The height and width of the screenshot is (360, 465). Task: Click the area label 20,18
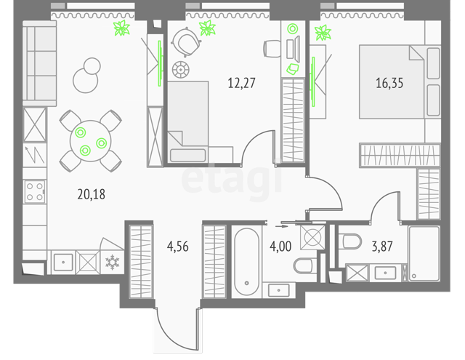point(92,194)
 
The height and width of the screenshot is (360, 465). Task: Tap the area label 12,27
point(241,83)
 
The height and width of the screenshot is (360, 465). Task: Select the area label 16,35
point(389,83)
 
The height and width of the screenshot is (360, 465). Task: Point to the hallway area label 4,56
point(177,247)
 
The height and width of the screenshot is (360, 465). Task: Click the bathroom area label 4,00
point(280,247)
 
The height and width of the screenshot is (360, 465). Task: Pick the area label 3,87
point(382,247)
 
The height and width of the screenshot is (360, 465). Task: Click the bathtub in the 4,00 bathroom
point(247,262)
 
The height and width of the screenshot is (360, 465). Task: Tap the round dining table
point(90,141)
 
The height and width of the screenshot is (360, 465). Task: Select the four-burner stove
point(35,192)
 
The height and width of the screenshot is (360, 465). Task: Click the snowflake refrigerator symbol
point(113,262)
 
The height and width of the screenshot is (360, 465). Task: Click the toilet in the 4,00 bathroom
point(305,265)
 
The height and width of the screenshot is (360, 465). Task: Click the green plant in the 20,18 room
point(121,28)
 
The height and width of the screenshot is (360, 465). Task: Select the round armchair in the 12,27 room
point(186,42)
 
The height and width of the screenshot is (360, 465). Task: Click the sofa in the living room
point(39,63)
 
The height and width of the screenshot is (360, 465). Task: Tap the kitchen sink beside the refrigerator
point(63,263)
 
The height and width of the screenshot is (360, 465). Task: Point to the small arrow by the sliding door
point(281,226)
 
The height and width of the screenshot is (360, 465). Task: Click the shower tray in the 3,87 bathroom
point(424,253)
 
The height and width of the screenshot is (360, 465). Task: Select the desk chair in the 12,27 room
point(272,49)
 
